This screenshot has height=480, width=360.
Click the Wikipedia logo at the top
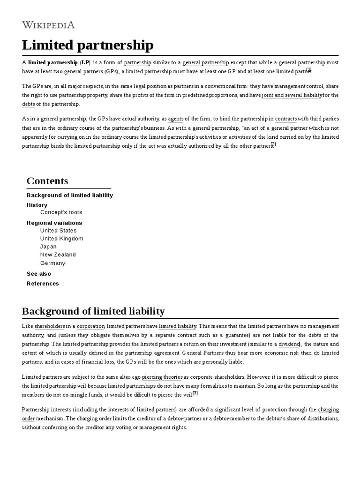tap(48, 25)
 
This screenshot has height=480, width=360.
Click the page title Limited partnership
tap(88, 45)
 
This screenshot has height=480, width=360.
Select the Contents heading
tap(47, 181)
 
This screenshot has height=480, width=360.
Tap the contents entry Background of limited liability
tap(70, 195)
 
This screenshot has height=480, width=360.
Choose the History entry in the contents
tap(37, 205)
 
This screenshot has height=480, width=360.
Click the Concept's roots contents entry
tap(61, 212)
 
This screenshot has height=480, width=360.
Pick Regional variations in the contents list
tap(54, 223)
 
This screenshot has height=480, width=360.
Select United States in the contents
tap(58, 231)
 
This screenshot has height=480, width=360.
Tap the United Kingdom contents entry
tap(61, 239)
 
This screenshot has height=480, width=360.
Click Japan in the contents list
tap(48, 247)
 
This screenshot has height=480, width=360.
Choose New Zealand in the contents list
tap(58, 255)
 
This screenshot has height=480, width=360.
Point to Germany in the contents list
tap(52, 263)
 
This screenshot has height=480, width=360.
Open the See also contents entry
tap(39, 274)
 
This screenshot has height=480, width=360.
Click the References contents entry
tap(43, 284)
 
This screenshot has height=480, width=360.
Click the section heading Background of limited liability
tap(93, 311)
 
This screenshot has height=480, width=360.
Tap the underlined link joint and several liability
tap(292, 95)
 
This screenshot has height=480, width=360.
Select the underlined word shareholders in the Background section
tap(50, 326)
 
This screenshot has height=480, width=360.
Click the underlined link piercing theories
tap(162, 377)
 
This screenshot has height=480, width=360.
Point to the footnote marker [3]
tap(195, 393)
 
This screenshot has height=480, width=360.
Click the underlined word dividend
tap(289, 344)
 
